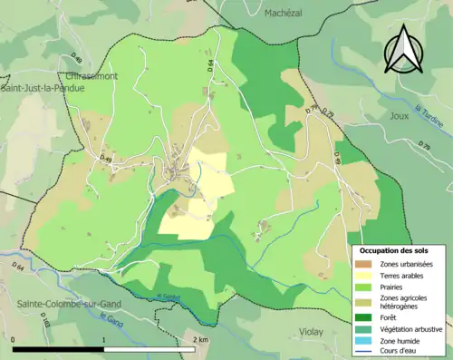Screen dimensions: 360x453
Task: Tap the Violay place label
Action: [x=310, y=332]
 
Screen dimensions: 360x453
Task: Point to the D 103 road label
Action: [x=44, y=323]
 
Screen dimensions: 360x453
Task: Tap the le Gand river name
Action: [x=111, y=320]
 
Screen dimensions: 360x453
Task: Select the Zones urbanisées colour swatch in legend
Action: [x=362, y=263]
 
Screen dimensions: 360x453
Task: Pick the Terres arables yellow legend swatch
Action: [x=362, y=275]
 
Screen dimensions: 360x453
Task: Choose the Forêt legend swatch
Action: [x=362, y=317]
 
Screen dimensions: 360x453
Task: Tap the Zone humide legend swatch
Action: [x=362, y=340]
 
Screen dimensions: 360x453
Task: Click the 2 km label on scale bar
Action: [x=201, y=339]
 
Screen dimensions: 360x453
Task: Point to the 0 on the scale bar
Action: [x=14, y=339]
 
